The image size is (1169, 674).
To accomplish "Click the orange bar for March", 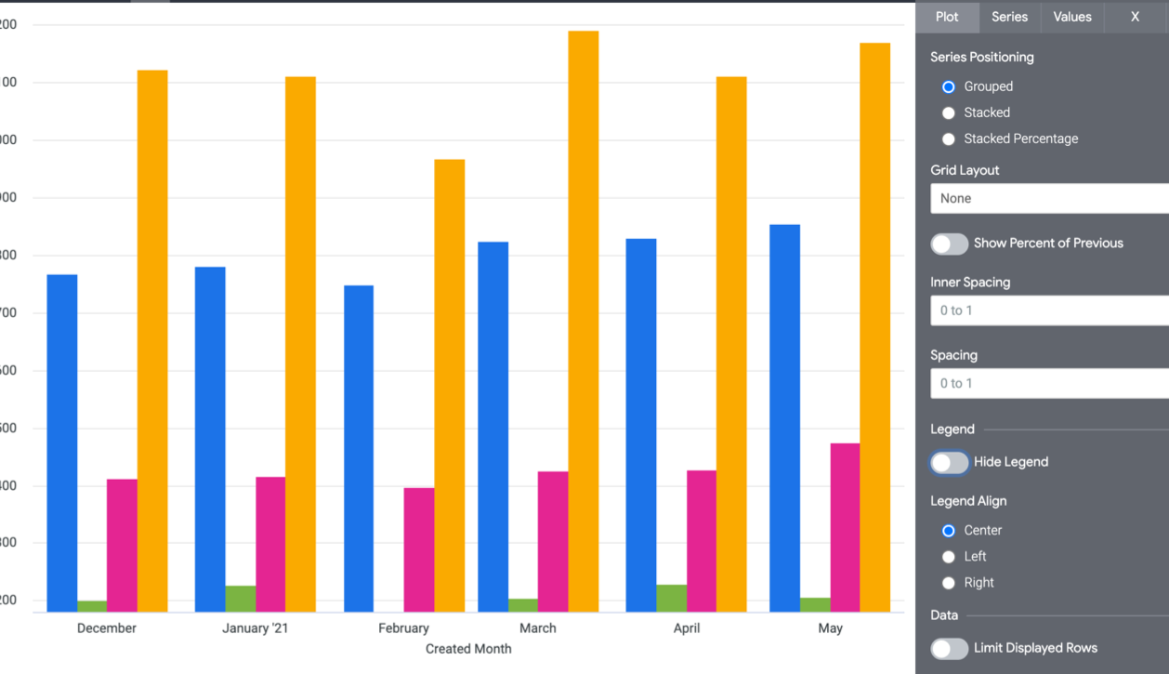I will pos(584,321).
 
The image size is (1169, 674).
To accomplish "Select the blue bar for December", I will pos(62,443).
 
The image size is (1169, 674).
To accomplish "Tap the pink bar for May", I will pos(845,527).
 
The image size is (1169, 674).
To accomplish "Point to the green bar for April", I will pos(672,598).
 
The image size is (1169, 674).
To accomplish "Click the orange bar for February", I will pos(450,385).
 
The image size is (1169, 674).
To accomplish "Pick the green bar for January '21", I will pos(241,599).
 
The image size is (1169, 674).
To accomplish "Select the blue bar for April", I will pos(641,425).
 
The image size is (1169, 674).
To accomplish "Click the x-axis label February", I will pos(403,628).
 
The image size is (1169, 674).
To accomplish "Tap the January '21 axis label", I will pos(256,628).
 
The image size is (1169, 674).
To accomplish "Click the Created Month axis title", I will pos(468,649).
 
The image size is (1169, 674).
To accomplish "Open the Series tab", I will pos(1009,17).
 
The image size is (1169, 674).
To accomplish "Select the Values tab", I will pos(1072,17).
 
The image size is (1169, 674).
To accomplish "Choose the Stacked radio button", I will pos(949,112).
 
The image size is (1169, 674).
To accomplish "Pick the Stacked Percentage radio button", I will pos(949,139).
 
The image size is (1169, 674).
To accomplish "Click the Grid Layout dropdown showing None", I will pos(1049,198).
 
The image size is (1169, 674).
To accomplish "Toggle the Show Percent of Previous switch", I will pos(950,244).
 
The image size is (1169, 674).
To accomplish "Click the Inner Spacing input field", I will pos(1049,311).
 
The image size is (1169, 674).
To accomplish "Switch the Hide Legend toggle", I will pos(950,462).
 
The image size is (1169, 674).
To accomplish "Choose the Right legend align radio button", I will pos(949,583).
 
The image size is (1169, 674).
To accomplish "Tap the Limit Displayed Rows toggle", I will pos(950,649).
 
